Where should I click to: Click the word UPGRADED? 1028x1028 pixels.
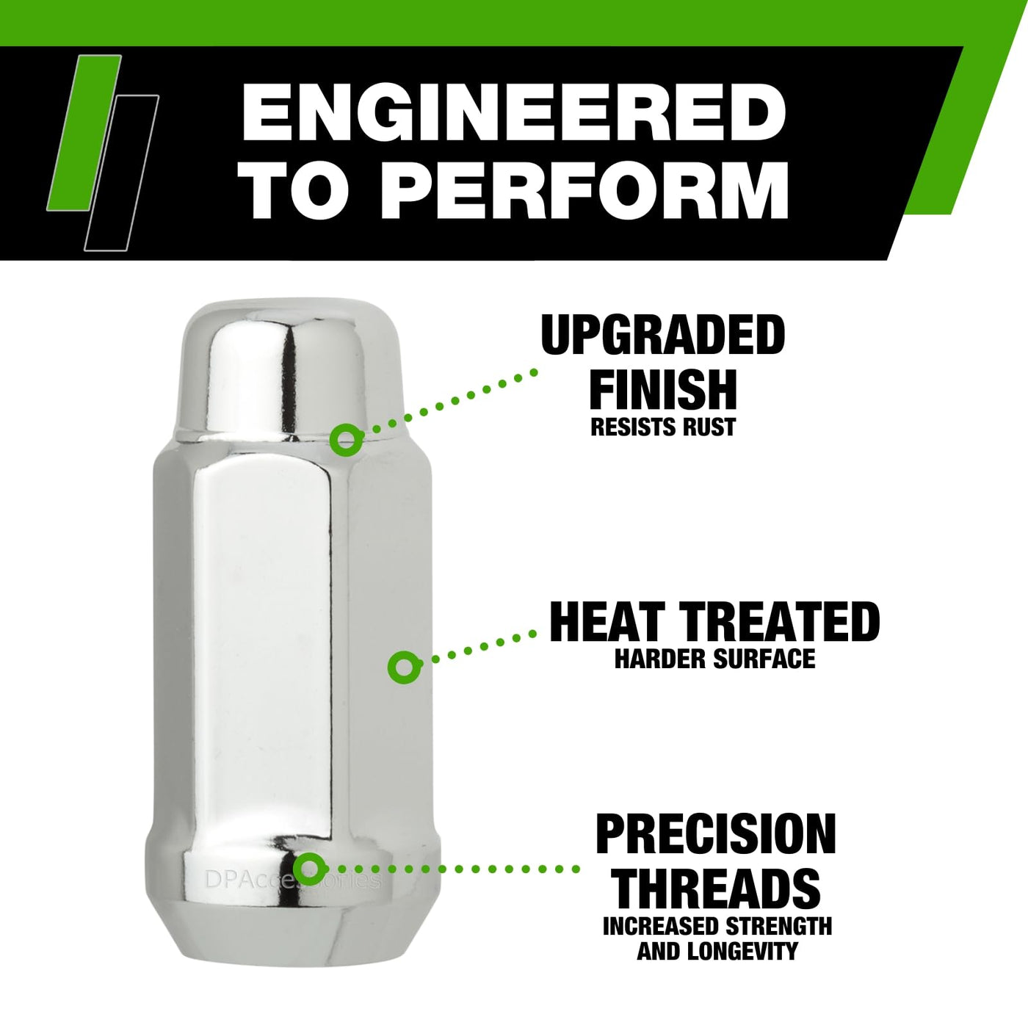pos(663,335)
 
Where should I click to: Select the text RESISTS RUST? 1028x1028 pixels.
pos(663,427)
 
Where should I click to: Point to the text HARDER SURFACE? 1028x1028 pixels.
pos(715,659)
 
